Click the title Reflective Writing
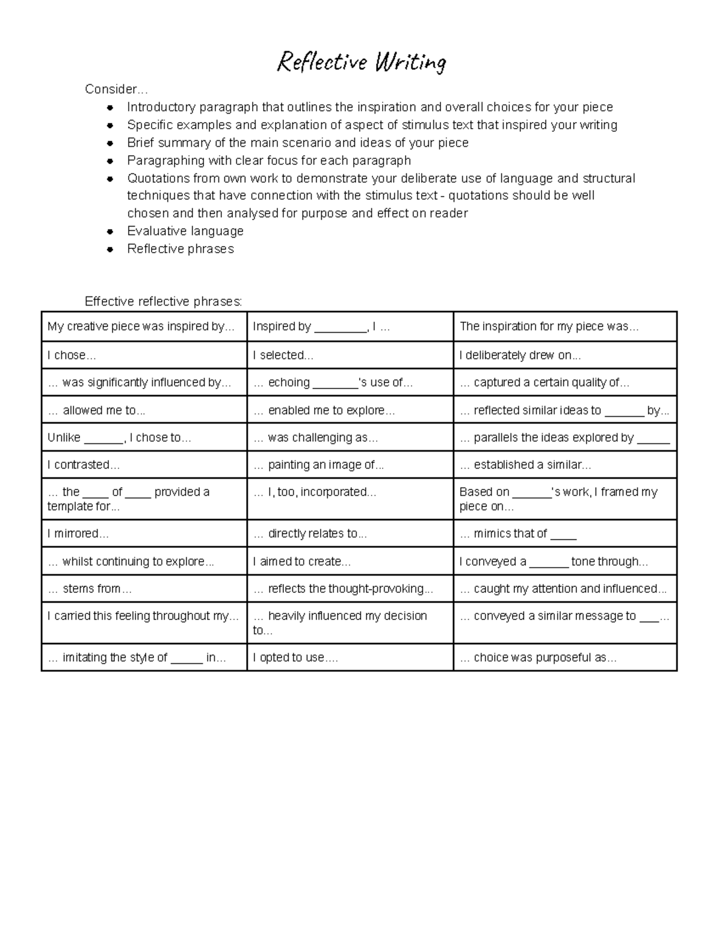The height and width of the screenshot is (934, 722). (x=361, y=63)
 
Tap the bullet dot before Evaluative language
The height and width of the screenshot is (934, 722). (x=110, y=232)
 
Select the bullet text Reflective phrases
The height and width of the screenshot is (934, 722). (x=180, y=249)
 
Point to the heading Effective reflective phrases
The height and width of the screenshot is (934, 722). (x=163, y=301)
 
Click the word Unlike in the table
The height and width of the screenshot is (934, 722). (x=64, y=438)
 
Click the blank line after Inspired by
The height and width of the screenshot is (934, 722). (x=340, y=328)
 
